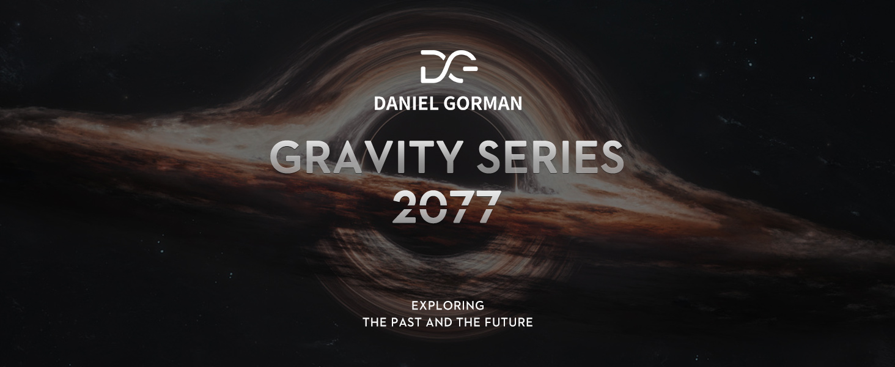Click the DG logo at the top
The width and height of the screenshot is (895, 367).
tap(449, 66)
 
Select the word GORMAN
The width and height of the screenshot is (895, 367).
tap(483, 103)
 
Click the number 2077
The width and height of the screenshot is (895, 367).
tap(447, 206)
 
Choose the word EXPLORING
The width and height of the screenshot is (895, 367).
tap(448, 306)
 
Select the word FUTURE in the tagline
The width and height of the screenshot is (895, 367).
tap(509, 322)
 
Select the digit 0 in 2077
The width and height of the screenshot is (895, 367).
tap(433, 206)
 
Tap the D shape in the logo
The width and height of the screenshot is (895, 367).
tap(430, 66)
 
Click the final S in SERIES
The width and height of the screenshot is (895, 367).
tap(611, 158)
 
